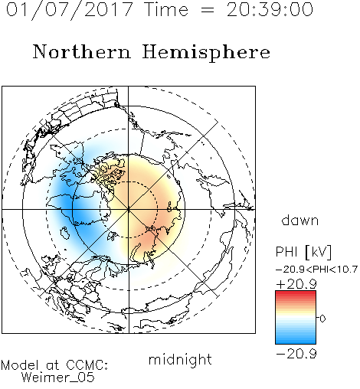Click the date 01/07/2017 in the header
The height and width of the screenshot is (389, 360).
coord(70,10)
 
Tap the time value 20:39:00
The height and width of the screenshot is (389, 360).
coord(270,10)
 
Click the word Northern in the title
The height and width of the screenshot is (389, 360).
coord(82,52)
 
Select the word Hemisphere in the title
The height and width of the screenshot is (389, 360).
coord(206,53)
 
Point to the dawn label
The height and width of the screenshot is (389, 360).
coord(300,220)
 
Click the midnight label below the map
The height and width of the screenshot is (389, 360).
coord(180,359)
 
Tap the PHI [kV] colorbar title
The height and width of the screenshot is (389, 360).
coord(303,252)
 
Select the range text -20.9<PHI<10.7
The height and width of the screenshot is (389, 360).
coord(316,270)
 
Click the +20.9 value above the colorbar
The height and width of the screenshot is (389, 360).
coord(296,284)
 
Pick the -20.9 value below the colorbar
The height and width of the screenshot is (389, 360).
coord(296,354)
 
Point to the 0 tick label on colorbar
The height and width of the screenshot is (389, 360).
coord(322,319)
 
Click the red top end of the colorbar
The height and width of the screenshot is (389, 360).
coord(296,293)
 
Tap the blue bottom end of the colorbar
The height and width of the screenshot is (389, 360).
coord(296,342)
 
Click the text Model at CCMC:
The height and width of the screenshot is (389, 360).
coord(54,365)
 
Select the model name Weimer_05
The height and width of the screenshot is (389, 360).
coord(58,378)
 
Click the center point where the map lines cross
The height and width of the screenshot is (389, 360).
coord(129,209)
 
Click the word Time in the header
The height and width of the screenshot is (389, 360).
coord(166,10)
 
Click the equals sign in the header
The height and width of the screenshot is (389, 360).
coord(207,10)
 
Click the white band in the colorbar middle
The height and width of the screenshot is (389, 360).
coord(296,319)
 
